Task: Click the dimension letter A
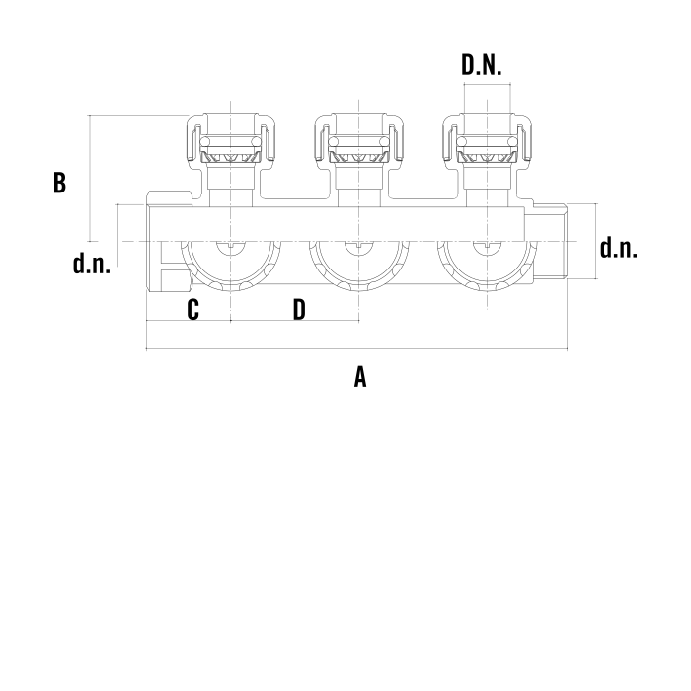pos(360,377)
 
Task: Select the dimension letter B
pos(59,182)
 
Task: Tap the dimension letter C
pos(193,309)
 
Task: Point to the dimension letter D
pos(299,309)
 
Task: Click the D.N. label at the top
pos(482,65)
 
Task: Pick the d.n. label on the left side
pos(91,264)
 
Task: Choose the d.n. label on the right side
pos(618,247)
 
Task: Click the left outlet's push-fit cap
pos(231,140)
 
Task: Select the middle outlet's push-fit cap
pos(359,140)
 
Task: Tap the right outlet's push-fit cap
pos(487,140)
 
